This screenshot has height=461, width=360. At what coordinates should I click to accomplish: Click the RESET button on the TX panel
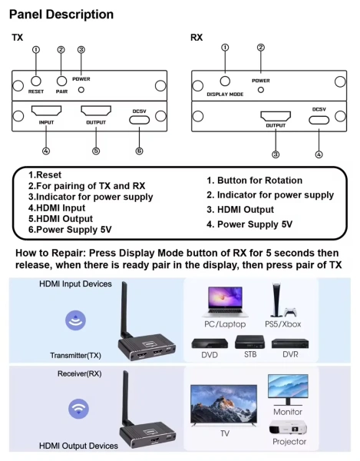[x=36, y=80]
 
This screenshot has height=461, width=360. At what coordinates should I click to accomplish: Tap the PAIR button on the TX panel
[x=61, y=80]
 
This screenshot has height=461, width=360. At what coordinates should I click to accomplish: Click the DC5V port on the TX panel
[x=139, y=119]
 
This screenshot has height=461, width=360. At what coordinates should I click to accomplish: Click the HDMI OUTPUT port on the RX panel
[x=276, y=117]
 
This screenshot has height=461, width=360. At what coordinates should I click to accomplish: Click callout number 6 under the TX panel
[x=139, y=151]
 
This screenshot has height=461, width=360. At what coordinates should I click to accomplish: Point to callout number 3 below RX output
[x=276, y=154]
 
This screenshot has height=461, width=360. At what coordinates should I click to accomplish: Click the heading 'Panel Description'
[x=61, y=15]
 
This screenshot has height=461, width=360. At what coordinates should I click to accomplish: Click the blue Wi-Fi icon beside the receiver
[x=78, y=408]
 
